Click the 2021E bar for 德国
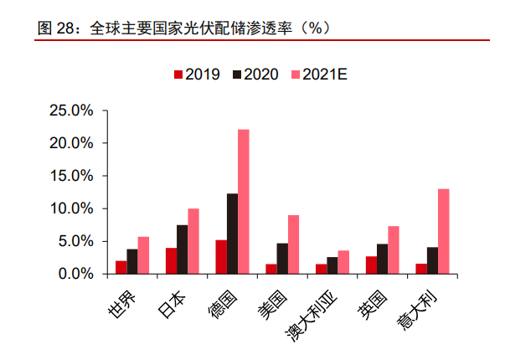pyautogui.click(x=244, y=202)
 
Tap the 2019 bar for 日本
pyautogui.click(x=171, y=260)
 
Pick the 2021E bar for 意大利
pyautogui.click(x=443, y=231)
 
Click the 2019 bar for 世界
pyautogui.click(x=121, y=267)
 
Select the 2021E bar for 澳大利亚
pyautogui.click(x=343, y=262)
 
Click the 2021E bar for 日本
pyautogui.click(x=193, y=241)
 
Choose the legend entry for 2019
pyautogui.click(x=197, y=75)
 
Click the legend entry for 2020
pyautogui.click(x=256, y=75)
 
